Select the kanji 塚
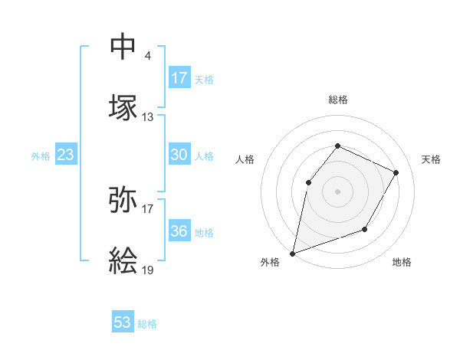pyautogui.click(x=123, y=106)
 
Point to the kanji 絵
pyautogui.click(x=123, y=260)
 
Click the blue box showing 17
pyautogui.click(x=179, y=78)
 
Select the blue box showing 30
pyautogui.click(x=179, y=155)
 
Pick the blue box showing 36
pyautogui.click(x=179, y=231)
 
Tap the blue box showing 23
pyautogui.click(x=66, y=155)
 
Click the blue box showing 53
pyautogui.click(x=123, y=322)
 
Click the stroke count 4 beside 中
pyautogui.click(x=147, y=55)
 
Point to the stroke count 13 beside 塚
pyautogui.click(x=148, y=117)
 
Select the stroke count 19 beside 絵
pyautogui.click(x=148, y=270)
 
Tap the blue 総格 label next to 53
pyautogui.click(x=147, y=324)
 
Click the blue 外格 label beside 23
pyautogui.click(x=41, y=156)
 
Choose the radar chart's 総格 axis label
pyautogui.click(x=337, y=100)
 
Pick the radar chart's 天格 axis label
pyautogui.click(x=431, y=159)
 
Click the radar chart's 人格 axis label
pyautogui.click(x=245, y=159)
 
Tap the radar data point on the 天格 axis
pyautogui.click(x=396, y=172)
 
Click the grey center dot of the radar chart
pyautogui.click(x=337, y=191)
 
